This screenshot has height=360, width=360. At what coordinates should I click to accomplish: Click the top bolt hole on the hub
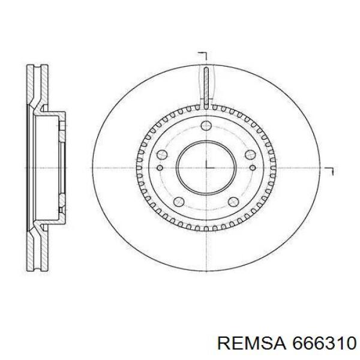pyautogui.click(x=206, y=125)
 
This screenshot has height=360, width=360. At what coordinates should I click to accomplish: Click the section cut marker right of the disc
pyautogui.click(x=329, y=172)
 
